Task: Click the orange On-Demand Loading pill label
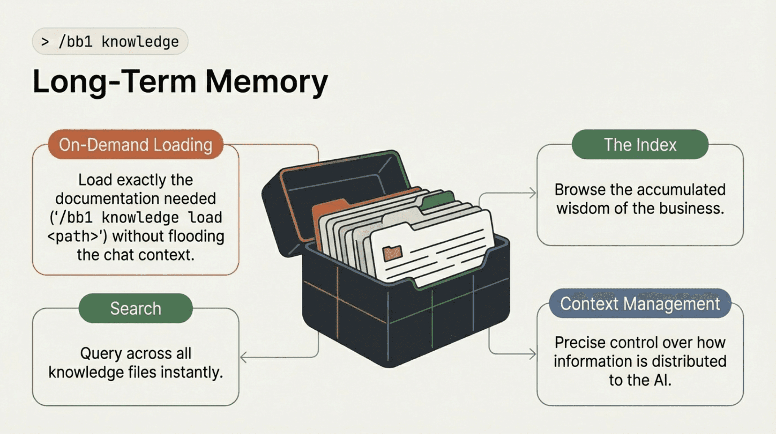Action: tap(135, 145)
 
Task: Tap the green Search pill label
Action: tap(135, 308)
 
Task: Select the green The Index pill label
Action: tap(640, 145)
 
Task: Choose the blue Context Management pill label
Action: tap(640, 303)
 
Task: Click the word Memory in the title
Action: tap(266, 82)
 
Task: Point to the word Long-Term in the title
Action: tap(114, 82)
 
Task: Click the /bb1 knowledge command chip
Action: tap(110, 41)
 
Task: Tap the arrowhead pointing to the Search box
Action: tap(244, 357)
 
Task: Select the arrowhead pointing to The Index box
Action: tap(533, 193)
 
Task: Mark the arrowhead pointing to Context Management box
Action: tap(533, 354)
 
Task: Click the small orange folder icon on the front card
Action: tap(392, 253)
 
